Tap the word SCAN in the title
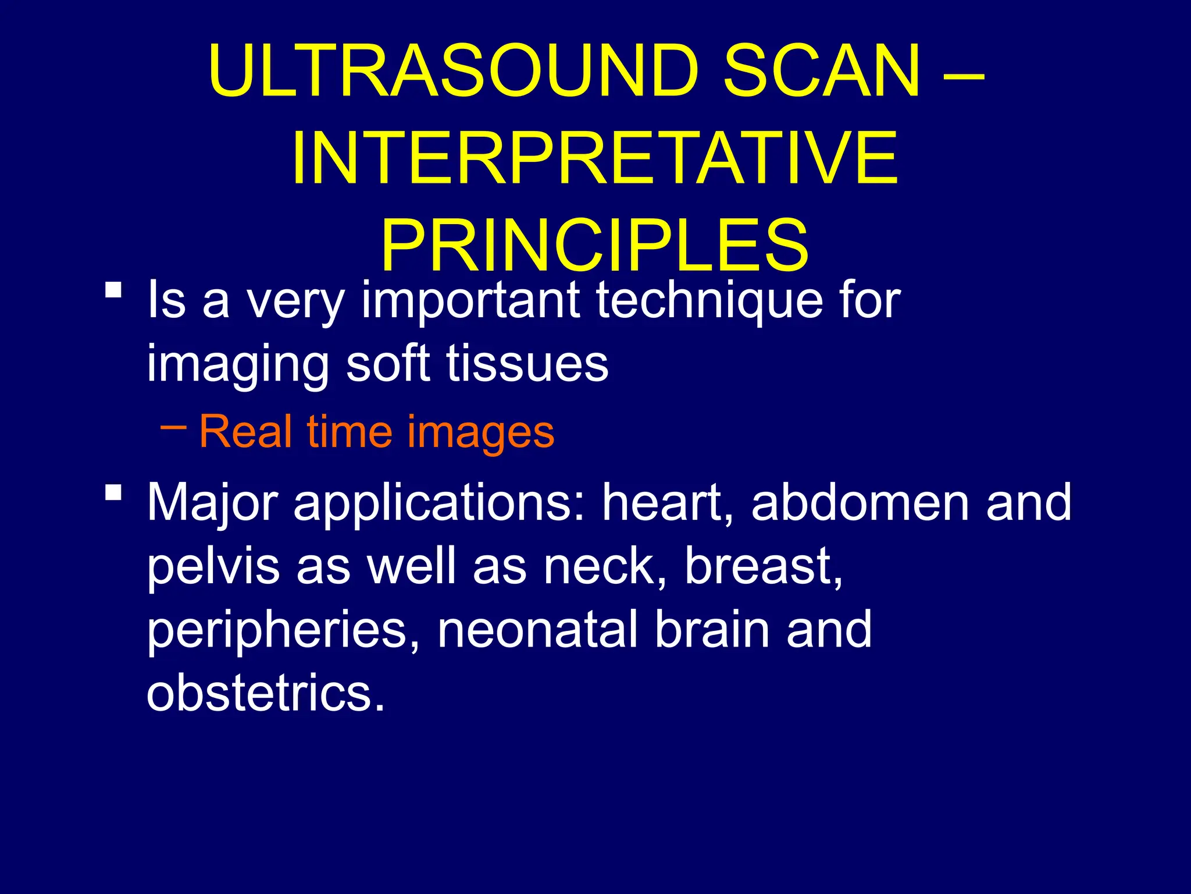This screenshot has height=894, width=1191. pos(822,71)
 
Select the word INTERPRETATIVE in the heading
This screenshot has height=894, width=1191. pos(594,158)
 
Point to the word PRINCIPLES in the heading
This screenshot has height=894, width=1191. pos(594,244)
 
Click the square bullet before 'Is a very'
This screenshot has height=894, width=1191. pos(114,290)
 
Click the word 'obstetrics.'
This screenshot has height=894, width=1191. pos(265,694)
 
